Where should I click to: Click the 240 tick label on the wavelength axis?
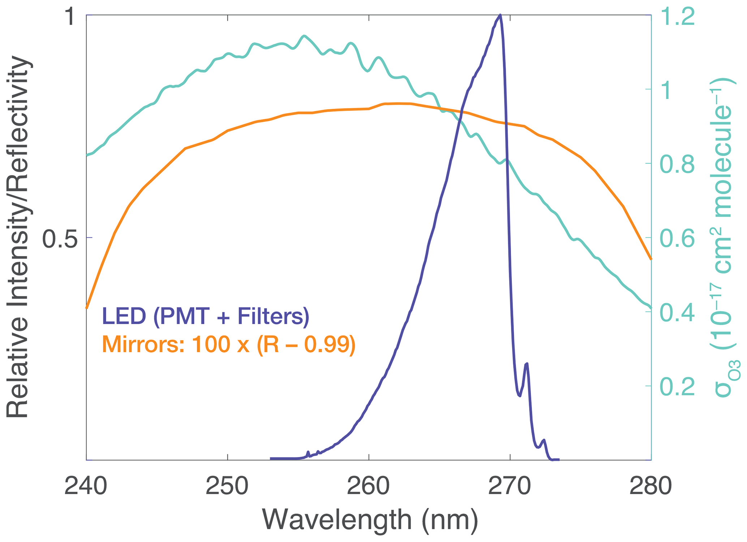86,487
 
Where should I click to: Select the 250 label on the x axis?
227,487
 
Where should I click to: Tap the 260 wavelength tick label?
368,487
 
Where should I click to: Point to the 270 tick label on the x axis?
510,487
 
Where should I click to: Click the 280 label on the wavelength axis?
651,487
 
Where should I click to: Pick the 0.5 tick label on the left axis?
60,238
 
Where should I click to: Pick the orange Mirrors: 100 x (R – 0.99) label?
229,344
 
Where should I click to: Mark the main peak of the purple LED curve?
500,15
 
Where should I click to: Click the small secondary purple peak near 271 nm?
527,364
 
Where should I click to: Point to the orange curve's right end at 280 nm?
651,259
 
